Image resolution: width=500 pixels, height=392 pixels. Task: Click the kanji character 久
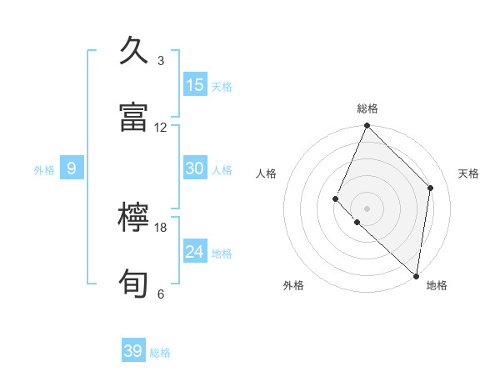point(134,52)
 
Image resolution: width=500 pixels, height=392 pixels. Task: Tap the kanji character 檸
point(134,219)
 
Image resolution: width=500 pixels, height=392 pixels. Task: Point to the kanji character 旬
point(134,284)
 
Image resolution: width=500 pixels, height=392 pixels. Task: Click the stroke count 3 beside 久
point(161,61)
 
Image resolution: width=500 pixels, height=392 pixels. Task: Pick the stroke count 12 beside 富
point(161,128)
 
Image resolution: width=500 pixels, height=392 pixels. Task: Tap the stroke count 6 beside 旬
point(161,294)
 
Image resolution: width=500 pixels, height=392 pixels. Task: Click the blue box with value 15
point(195,85)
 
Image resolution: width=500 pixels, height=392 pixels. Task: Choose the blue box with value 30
point(195,168)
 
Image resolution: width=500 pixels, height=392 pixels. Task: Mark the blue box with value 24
point(195,252)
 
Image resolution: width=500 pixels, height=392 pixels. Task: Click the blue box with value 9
point(72,168)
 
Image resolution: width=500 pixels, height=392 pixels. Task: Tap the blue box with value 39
point(133,351)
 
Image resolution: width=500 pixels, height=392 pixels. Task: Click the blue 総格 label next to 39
point(160,353)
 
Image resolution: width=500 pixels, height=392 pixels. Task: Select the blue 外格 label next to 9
point(44,170)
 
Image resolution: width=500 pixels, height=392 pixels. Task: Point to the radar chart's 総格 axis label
point(367,108)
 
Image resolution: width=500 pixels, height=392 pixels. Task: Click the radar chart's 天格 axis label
point(469,173)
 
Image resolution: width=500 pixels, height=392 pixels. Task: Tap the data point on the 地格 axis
point(416,275)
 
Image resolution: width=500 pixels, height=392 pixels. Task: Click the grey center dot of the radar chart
point(367,208)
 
